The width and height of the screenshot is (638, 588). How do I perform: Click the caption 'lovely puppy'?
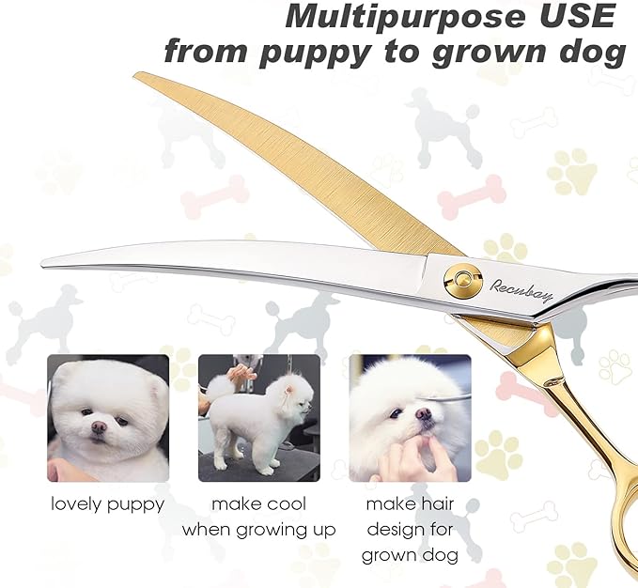coord(108,504)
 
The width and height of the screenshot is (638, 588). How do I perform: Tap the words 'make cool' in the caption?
coord(258,504)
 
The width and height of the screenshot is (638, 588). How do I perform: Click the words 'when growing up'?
coord(258,530)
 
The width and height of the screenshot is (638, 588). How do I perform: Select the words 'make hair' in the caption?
coord(409,504)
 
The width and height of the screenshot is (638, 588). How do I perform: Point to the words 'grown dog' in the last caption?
coord(409,555)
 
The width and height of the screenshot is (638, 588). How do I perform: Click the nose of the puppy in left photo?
coord(99,426)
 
